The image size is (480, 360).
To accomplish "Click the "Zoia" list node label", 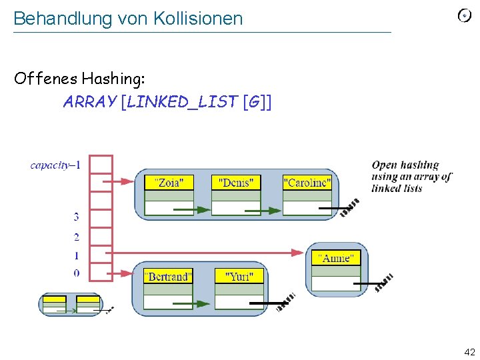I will point(169,182).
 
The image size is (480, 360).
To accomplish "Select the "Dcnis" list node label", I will point(235,182).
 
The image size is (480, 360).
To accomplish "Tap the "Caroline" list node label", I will point(307,182).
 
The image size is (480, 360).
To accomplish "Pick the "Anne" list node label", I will point(336,258).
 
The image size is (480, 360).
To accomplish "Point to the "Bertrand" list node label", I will point(168,276).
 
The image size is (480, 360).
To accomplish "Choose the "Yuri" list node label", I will point(239,276).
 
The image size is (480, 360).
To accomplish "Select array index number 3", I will point(76,217).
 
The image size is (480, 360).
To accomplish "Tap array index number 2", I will point(76,237).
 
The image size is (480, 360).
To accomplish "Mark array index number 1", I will point(76,255).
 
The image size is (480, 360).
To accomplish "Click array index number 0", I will point(76,273).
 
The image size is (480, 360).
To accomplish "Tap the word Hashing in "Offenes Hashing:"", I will point(111,79).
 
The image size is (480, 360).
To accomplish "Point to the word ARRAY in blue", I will point(89,102).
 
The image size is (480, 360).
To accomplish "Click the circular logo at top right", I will point(464,15).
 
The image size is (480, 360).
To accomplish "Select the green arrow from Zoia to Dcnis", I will point(193,210).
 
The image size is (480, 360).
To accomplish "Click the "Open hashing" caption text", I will point(405,165).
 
